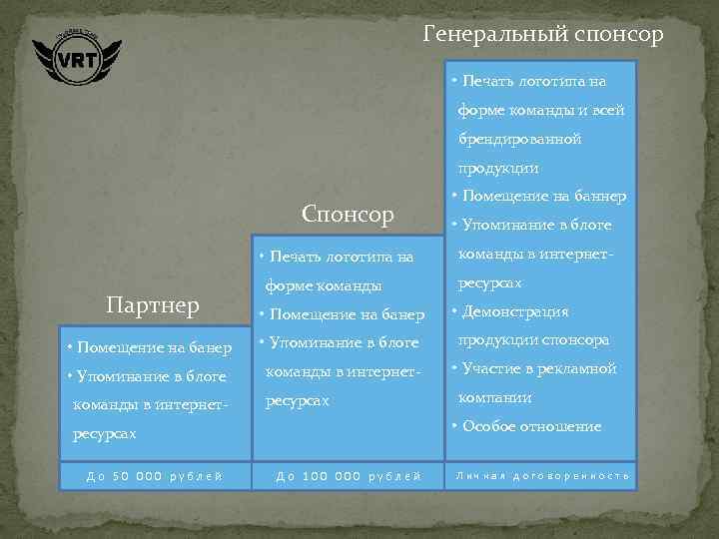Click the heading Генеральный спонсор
pyautogui.click(x=542, y=35)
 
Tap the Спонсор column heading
pyautogui.click(x=348, y=214)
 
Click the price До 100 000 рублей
pyautogui.click(x=349, y=475)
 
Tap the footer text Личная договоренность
pyautogui.click(x=542, y=475)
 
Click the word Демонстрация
pyautogui.click(x=515, y=311)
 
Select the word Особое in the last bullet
pyautogui.click(x=487, y=426)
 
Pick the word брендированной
pyautogui.click(x=519, y=139)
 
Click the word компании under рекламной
pyautogui.click(x=495, y=397)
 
